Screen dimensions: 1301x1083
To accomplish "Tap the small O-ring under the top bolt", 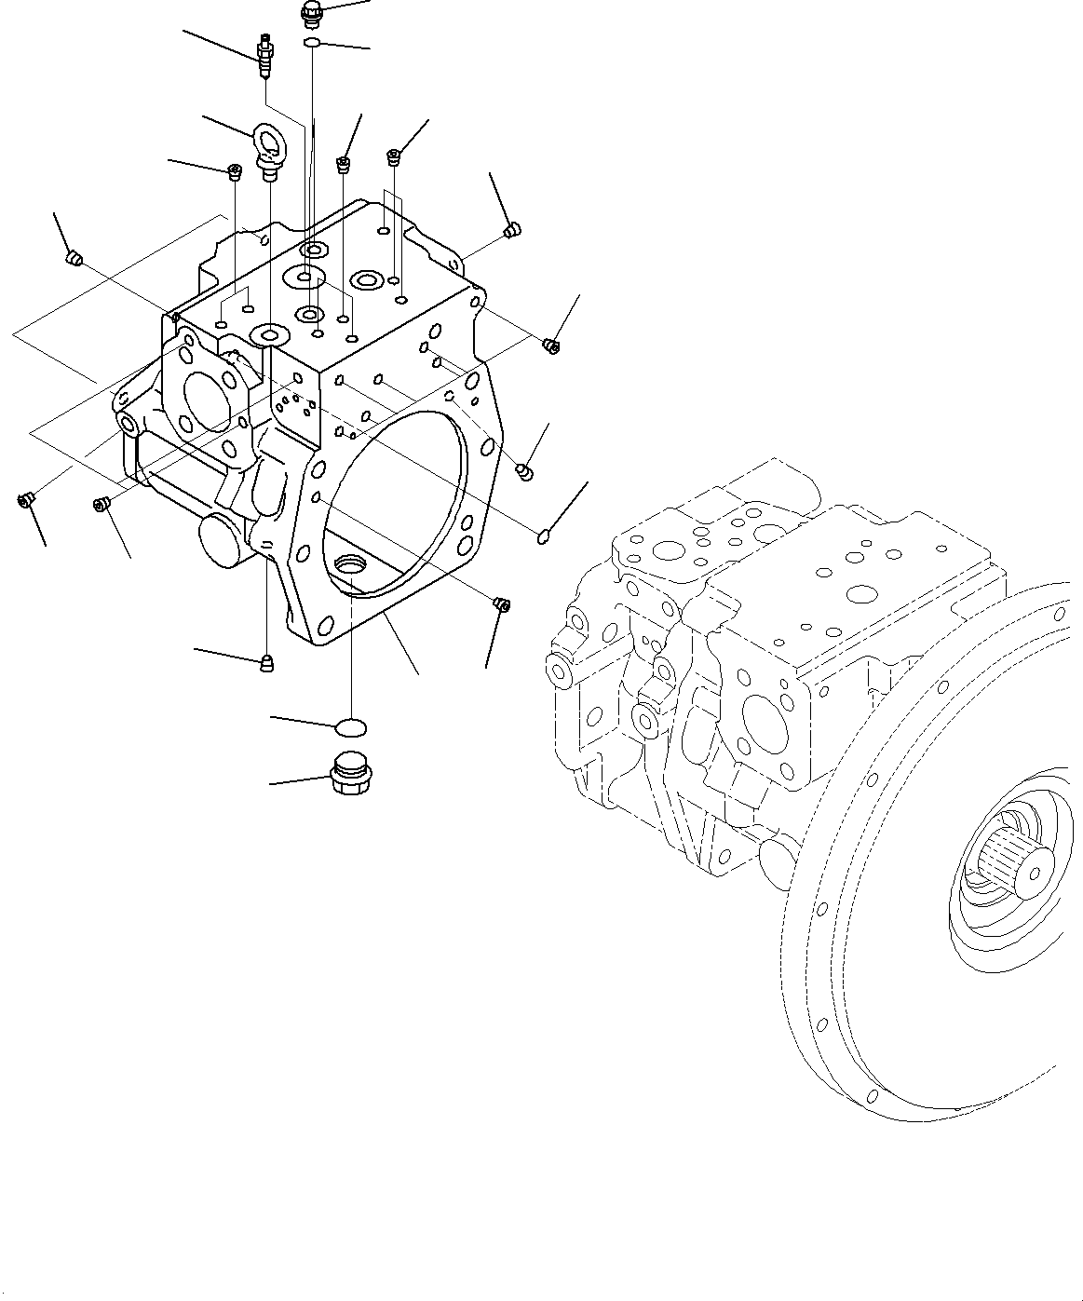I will [313, 43].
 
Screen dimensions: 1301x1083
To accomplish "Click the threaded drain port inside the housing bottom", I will [354, 564].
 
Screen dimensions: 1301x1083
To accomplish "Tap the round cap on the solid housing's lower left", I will [221, 539].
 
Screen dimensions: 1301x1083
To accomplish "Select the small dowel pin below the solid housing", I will [266, 662].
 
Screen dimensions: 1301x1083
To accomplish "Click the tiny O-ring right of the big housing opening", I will [543, 534].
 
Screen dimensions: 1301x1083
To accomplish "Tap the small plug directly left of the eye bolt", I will [235, 170].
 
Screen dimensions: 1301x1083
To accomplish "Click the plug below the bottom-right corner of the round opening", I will [500, 604].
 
